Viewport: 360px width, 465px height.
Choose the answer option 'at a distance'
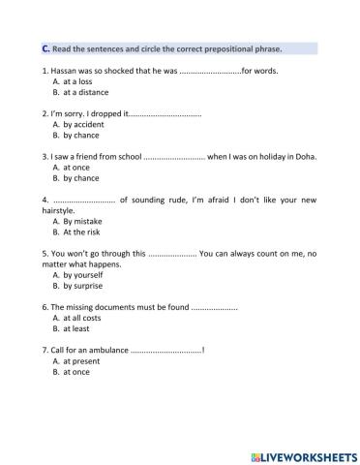click(x=86, y=93)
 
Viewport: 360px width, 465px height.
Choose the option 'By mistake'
click(x=85, y=221)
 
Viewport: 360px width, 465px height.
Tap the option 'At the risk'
click(x=86, y=232)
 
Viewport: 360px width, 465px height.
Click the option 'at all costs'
click(x=84, y=318)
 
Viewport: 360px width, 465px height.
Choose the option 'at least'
click(x=79, y=329)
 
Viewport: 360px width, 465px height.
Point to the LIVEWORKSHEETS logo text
click(x=304, y=454)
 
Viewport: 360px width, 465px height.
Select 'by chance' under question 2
click(x=84, y=136)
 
